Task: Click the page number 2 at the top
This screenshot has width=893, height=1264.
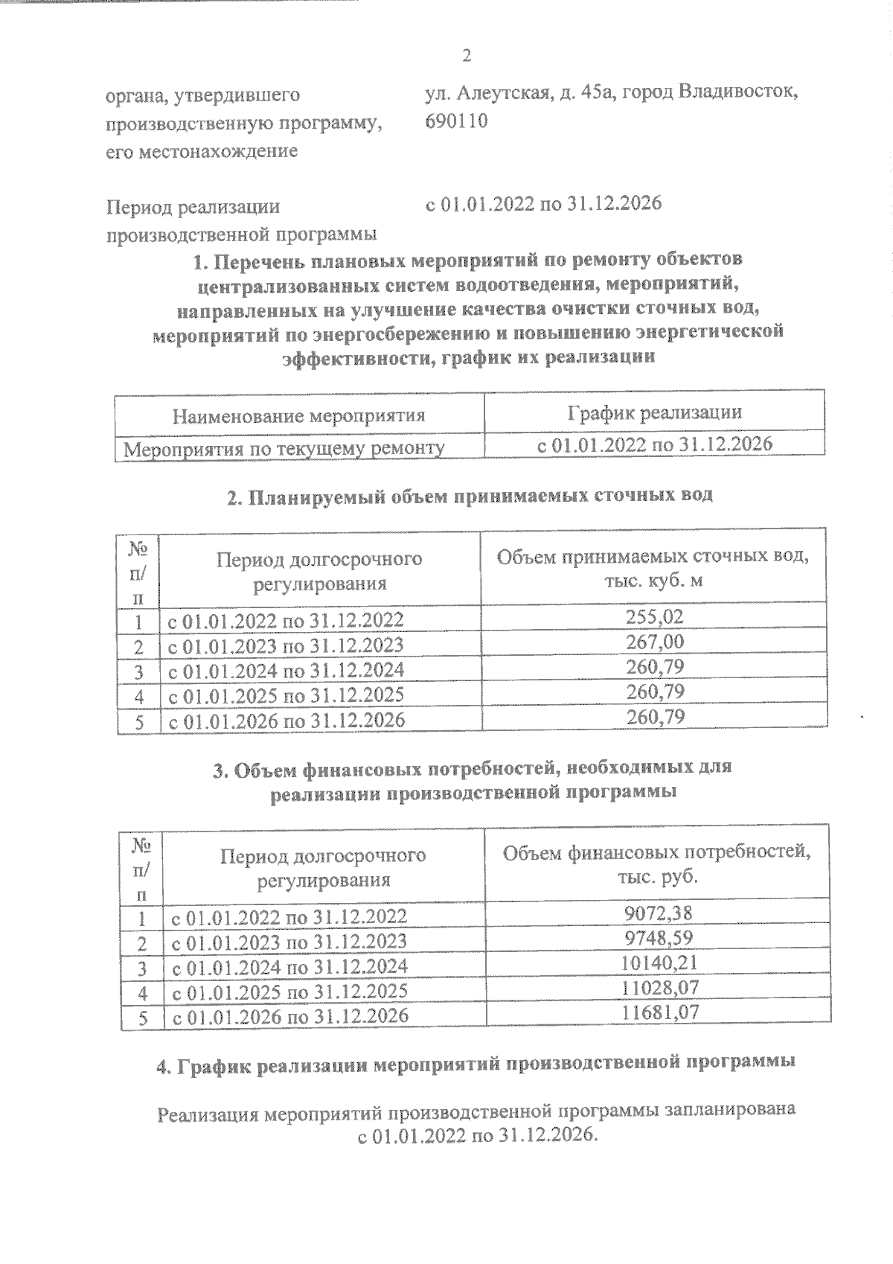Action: pos(467,56)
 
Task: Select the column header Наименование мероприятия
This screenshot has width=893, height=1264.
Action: pos(299,415)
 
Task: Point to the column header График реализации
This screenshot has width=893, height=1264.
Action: pos(654,412)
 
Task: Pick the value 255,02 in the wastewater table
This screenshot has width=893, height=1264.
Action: pos(654,616)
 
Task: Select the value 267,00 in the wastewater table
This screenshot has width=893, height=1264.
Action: pos(654,642)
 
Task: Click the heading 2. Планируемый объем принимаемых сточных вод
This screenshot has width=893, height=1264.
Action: pos(470,496)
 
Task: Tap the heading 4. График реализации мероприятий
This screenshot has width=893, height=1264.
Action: pos(476,1063)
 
